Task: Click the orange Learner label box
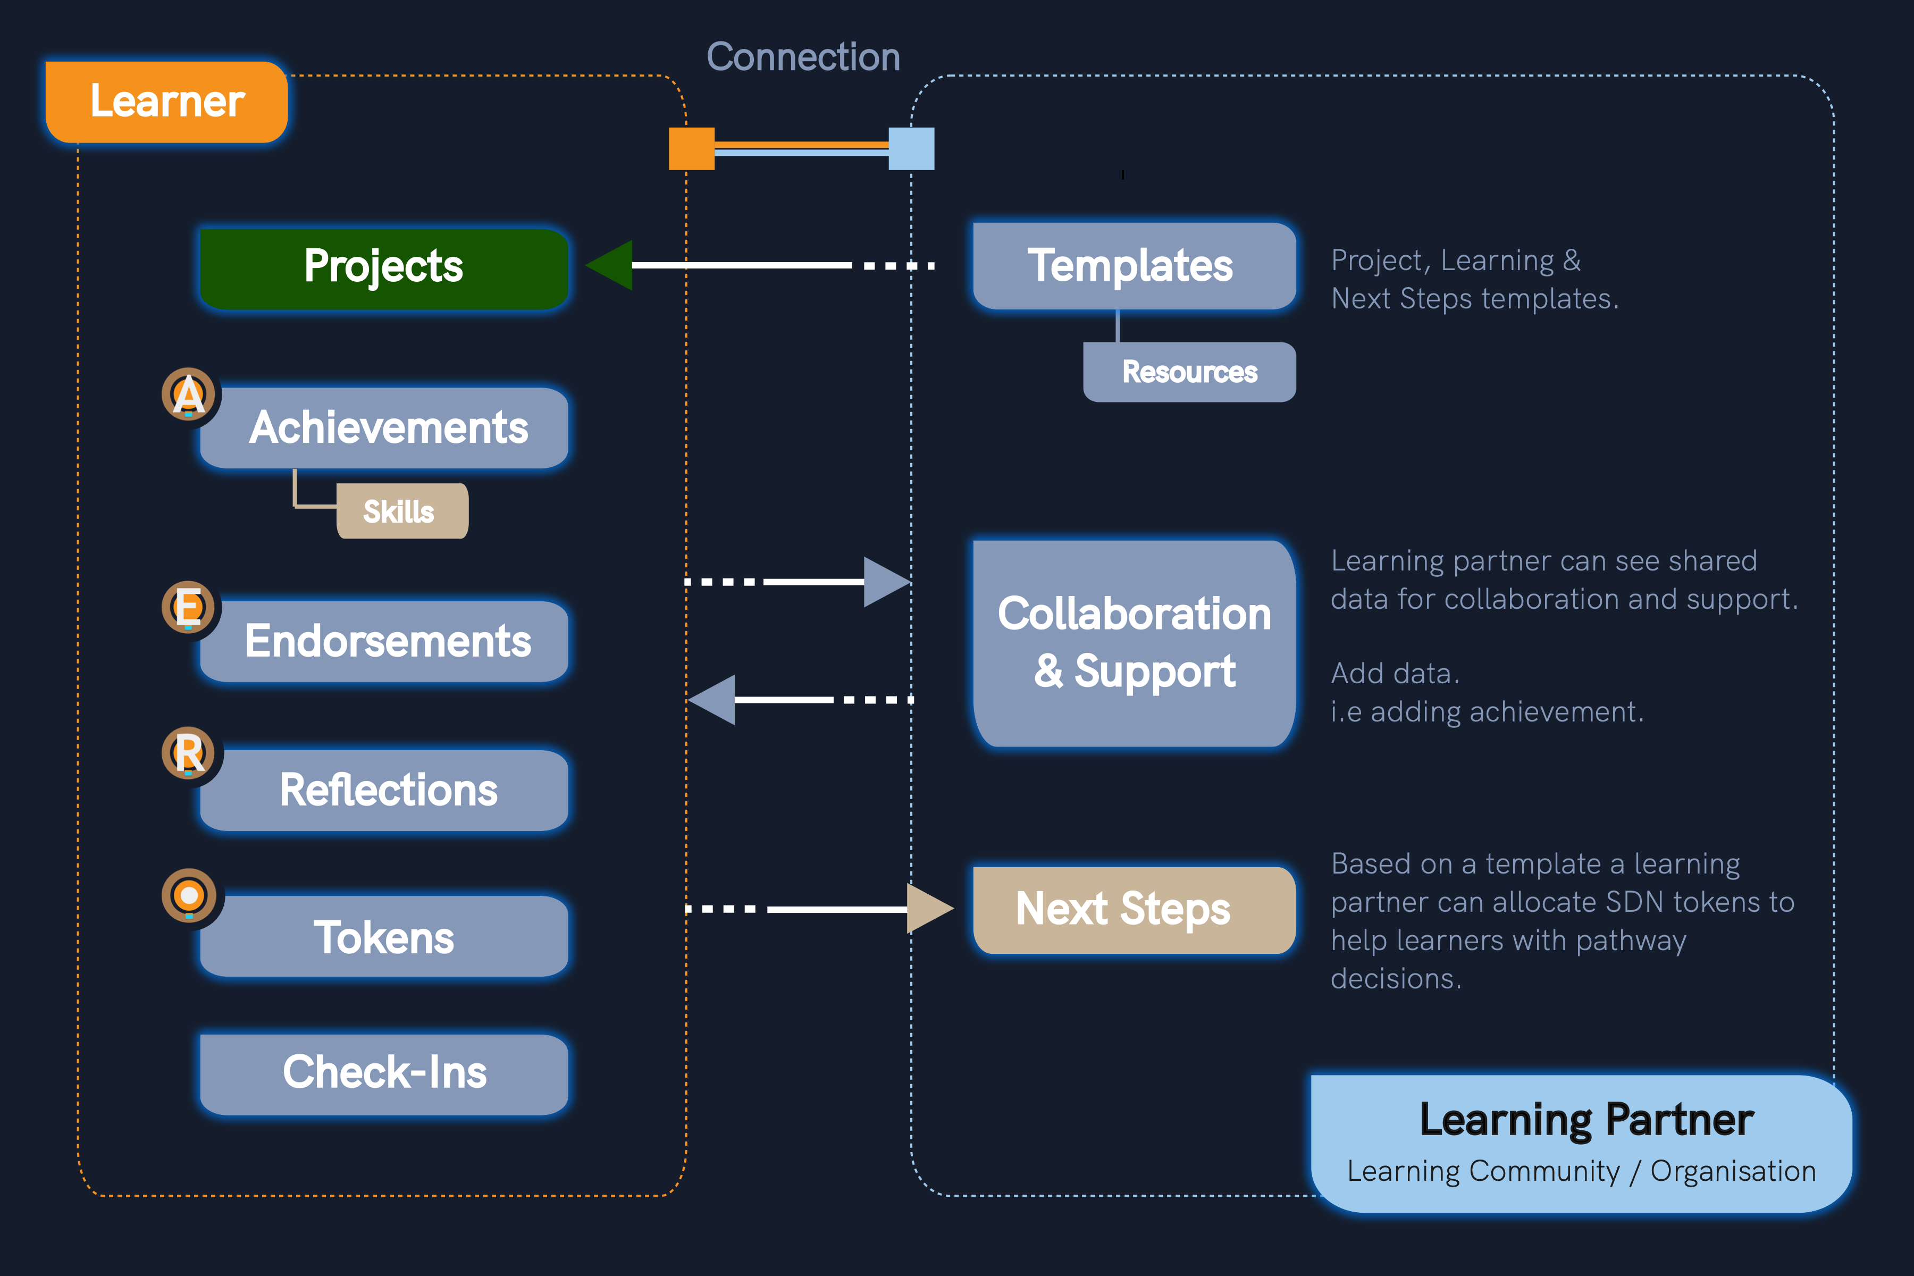pyautogui.click(x=167, y=102)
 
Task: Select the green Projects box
pyautogui.click(x=383, y=268)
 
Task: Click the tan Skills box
pyautogui.click(x=401, y=511)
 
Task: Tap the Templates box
pyautogui.click(x=1134, y=266)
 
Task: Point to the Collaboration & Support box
pyautogui.click(x=1134, y=643)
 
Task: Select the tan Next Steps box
pyautogui.click(x=1134, y=909)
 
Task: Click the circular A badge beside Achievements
pyautogui.click(x=188, y=394)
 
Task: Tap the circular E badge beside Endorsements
pyautogui.click(x=188, y=607)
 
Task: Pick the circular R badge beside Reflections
pyautogui.click(x=188, y=753)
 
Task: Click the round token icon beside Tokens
pyautogui.click(x=189, y=896)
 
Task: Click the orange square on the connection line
pyautogui.click(x=691, y=149)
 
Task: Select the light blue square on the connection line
pyautogui.click(x=911, y=149)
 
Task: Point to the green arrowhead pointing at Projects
pyautogui.click(x=611, y=265)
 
